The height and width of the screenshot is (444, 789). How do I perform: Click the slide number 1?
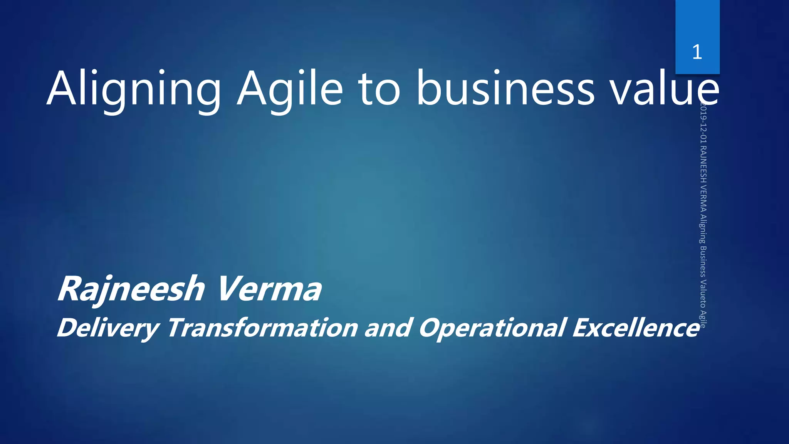coord(697,52)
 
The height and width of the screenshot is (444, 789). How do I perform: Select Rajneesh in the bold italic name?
coord(131,289)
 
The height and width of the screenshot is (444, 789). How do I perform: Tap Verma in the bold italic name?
coord(269,289)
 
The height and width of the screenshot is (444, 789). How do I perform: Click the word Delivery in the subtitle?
coord(107,328)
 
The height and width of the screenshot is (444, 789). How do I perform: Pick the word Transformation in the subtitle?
coord(263,328)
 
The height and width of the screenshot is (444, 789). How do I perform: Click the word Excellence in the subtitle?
coord(635,328)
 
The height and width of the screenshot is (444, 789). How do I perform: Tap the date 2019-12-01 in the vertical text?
coord(703,123)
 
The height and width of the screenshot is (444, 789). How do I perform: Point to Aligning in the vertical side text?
coord(703,229)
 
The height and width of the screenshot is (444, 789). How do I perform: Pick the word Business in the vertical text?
coord(703,262)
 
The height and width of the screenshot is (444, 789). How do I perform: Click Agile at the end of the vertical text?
coord(703,319)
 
